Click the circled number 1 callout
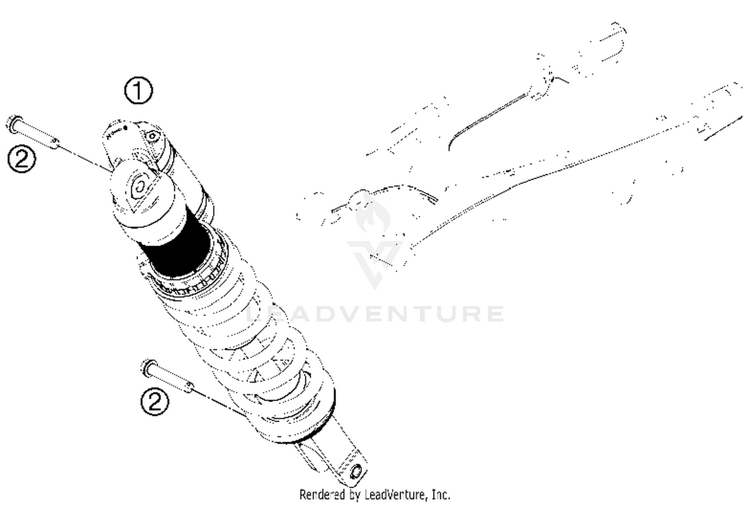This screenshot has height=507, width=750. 138,91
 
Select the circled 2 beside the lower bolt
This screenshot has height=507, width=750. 155,401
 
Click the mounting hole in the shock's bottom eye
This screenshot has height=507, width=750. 356,471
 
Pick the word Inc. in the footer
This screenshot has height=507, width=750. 440,495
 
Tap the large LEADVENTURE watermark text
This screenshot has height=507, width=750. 375,313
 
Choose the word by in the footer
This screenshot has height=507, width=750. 355,495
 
